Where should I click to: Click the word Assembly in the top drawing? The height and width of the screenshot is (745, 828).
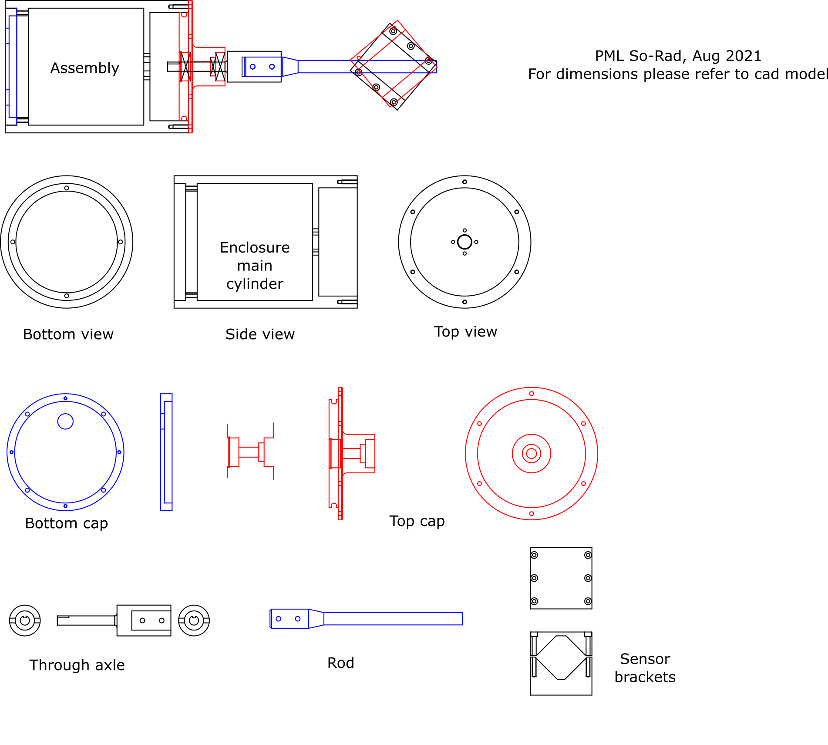(85, 68)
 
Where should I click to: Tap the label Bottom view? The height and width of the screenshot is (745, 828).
(68, 334)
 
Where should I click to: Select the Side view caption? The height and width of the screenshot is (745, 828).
(260, 334)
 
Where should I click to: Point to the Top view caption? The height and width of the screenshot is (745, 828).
(465, 332)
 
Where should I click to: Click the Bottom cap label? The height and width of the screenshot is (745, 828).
(66, 523)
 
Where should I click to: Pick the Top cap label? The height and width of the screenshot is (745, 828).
(417, 521)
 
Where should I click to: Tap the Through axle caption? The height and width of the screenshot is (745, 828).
(77, 665)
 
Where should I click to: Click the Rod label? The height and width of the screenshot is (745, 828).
(340, 663)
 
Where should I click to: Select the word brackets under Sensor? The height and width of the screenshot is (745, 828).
(645, 678)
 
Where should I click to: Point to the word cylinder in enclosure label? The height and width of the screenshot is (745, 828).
(255, 284)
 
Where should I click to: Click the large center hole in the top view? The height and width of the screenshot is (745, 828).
(464, 242)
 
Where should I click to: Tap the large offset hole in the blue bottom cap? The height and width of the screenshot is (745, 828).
(65, 421)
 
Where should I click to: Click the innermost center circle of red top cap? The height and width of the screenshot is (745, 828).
(531, 454)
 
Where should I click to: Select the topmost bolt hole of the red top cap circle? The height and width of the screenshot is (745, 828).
(531, 394)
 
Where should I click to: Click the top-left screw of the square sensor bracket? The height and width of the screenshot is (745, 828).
(535, 555)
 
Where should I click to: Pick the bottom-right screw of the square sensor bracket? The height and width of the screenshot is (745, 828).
(588, 601)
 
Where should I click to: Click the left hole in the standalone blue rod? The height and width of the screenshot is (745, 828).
(279, 619)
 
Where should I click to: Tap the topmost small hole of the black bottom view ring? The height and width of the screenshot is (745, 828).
(67, 188)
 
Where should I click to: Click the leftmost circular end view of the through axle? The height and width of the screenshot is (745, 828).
(25, 620)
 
